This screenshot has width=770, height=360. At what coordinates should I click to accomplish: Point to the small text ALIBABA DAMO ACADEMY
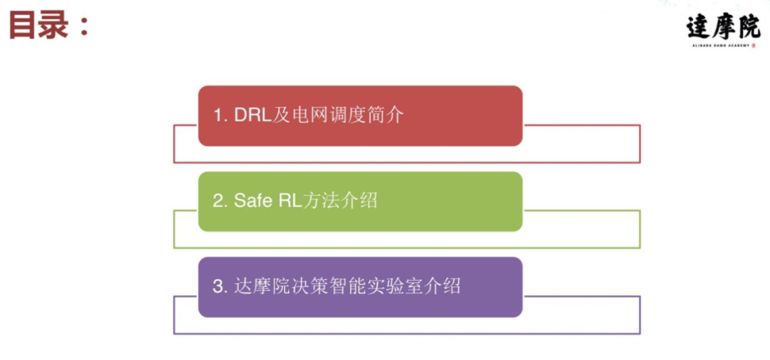click(x=721, y=46)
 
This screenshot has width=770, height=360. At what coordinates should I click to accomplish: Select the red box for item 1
click(x=360, y=115)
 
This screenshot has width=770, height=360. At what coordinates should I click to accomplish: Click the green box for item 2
click(x=360, y=201)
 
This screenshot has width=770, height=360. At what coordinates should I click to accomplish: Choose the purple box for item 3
click(x=360, y=287)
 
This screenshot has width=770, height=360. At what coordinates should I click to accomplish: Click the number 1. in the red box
click(x=220, y=115)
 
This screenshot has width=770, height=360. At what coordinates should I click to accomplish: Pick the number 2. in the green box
click(x=220, y=201)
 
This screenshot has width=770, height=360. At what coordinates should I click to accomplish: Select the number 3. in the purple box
click(x=220, y=287)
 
